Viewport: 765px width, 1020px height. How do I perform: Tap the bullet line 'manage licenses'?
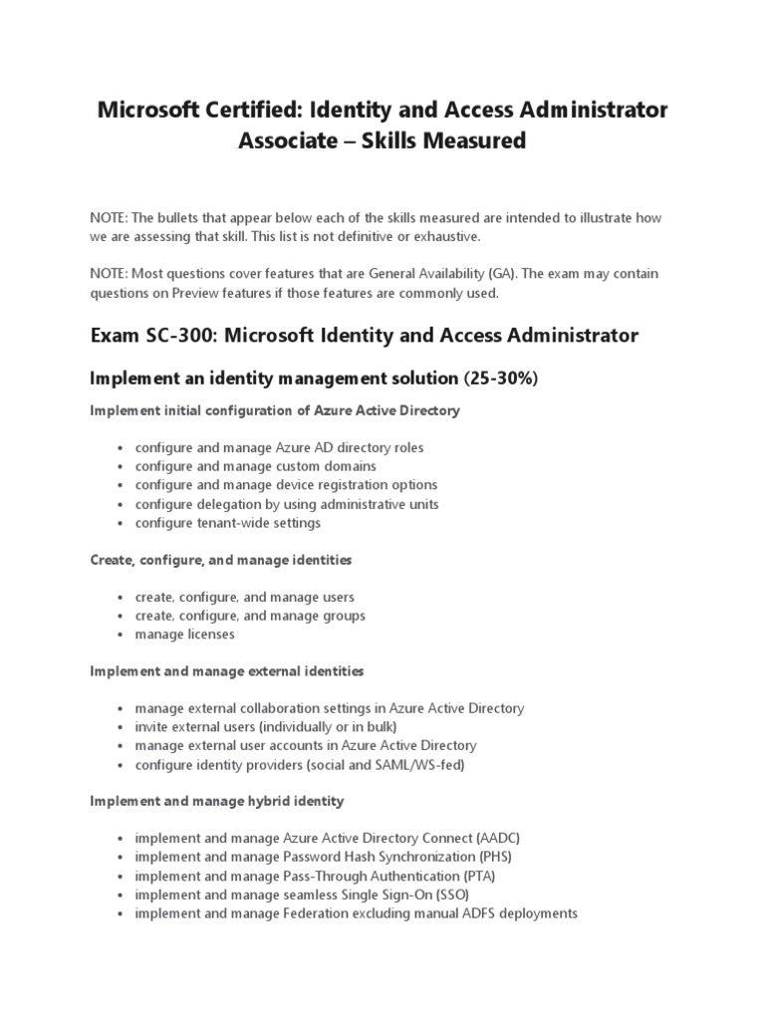pyautogui.click(x=185, y=634)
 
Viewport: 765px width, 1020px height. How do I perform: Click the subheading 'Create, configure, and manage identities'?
pyautogui.click(x=220, y=561)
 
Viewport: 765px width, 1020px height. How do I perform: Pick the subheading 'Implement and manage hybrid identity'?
pyautogui.click(x=216, y=801)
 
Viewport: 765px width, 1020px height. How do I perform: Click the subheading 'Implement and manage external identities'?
pyautogui.click(x=226, y=671)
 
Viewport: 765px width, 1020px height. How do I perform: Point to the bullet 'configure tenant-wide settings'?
pyautogui.click(x=228, y=522)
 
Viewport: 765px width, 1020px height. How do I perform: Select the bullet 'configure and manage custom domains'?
pyautogui.click(x=256, y=466)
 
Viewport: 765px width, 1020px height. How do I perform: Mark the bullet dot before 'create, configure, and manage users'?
pyautogui.click(x=120, y=598)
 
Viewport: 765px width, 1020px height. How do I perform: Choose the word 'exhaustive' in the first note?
pyautogui.click(x=446, y=236)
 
